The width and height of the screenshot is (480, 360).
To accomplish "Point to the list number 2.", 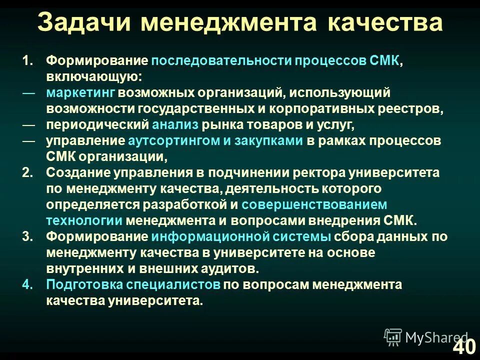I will [28, 172].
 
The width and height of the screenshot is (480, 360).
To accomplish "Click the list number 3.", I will [28, 237].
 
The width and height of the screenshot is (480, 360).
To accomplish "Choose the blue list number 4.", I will [28, 285].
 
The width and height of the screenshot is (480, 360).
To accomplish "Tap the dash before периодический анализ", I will [28, 124].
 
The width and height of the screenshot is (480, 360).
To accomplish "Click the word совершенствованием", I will [314, 205].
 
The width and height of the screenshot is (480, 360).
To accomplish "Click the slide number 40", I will [464, 346].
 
